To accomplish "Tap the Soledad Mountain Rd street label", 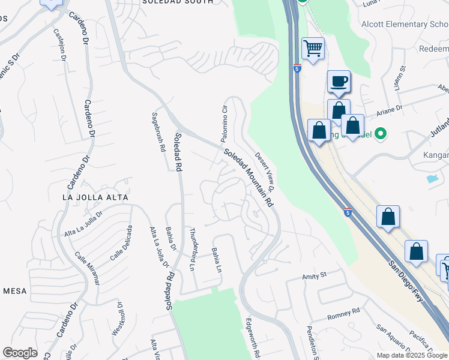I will pos(249,177).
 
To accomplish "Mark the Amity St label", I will pos(314,275).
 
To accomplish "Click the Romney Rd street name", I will pos(343,313).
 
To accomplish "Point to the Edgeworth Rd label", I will pos(252,338).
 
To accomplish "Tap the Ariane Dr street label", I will pos(388,112).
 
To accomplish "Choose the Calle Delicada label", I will pos(121,243).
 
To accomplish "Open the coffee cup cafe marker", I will pos(339,81).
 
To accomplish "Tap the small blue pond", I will pos(432,178).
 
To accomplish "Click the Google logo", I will pos(20,353).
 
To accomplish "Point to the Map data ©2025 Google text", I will pos(412,355).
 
